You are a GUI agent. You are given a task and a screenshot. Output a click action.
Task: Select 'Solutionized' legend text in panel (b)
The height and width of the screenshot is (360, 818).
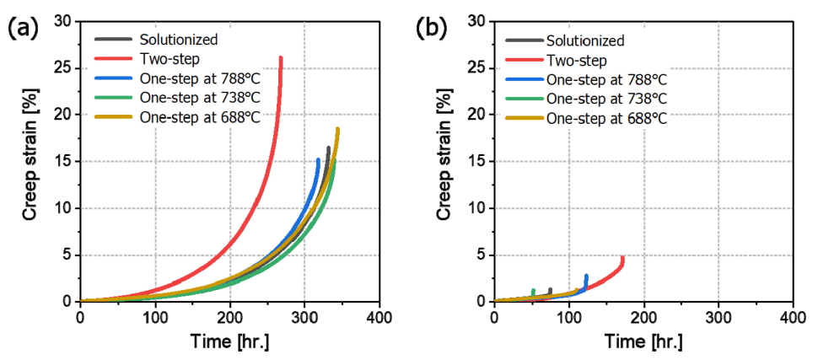pyautogui.click(x=584, y=40)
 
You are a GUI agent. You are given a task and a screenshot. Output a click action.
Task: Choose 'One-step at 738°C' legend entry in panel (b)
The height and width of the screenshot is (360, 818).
pyautogui.click(x=605, y=99)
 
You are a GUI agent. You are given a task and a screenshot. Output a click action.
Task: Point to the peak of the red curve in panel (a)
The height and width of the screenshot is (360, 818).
pyautogui.click(x=280, y=58)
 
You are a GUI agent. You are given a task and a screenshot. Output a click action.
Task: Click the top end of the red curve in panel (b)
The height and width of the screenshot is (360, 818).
pyautogui.click(x=623, y=257)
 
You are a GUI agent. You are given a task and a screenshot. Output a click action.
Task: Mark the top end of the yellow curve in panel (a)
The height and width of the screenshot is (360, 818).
pyautogui.click(x=337, y=129)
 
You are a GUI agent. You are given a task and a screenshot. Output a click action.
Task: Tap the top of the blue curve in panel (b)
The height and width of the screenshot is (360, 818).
pyautogui.click(x=586, y=275)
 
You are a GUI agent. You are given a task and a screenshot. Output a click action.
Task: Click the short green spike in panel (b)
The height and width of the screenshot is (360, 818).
pyautogui.click(x=533, y=291)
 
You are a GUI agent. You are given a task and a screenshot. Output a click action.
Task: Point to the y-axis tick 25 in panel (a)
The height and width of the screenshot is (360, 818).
pyautogui.click(x=62, y=67)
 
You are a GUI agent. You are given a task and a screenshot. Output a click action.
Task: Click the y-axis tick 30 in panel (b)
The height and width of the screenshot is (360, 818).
pyautogui.click(x=476, y=20)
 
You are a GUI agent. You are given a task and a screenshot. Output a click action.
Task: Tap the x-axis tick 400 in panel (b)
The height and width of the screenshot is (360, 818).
pyautogui.click(x=792, y=317)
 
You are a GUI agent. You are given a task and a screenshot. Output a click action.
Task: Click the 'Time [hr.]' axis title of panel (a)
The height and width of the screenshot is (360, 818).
pyautogui.click(x=229, y=342)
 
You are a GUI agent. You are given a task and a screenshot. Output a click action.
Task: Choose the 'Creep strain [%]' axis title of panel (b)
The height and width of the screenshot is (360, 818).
pyautogui.click(x=445, y=160)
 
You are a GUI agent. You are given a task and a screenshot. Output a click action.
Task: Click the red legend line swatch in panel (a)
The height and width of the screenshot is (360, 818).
pyautogui.click(x=112, y=59)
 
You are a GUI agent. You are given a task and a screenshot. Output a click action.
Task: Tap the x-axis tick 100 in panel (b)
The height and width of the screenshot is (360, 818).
pyautogui.click(x=568, y=317)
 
